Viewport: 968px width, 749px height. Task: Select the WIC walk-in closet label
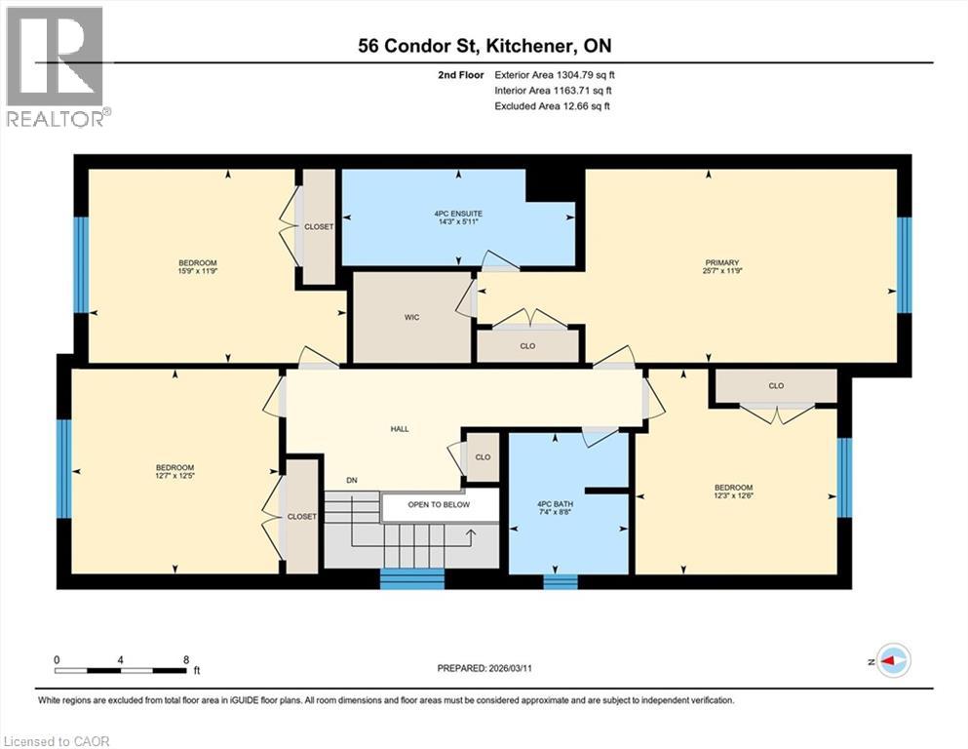tap(411, 318)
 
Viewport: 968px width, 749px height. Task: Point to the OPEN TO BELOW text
tap(439, 505)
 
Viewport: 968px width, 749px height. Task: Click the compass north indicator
tap(893, 660)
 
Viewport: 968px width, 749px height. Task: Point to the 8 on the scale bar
tap(185, 659)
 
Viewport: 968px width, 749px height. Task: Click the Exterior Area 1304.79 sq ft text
tap(555, 74)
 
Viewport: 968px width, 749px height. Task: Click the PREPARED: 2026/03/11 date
tap(484, 668)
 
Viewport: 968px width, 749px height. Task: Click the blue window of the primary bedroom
tap(905, 264)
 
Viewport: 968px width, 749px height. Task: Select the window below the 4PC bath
tap(560, 582)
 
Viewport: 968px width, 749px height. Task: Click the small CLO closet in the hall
tap(483, 456)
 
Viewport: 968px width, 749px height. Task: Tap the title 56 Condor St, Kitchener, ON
tap(484, 46)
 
